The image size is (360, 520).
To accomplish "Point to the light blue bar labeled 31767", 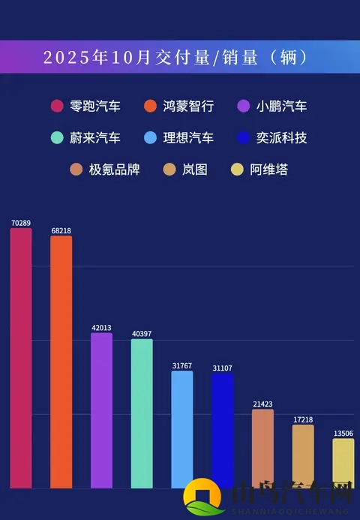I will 182,428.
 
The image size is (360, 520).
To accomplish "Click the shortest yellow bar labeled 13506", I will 343,463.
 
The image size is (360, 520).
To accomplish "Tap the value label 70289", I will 21,223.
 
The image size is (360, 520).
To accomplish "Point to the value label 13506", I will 343,433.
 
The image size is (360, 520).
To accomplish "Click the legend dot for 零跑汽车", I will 57,107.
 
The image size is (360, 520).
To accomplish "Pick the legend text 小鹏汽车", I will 281,107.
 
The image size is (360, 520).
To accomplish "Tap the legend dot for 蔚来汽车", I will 57,138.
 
